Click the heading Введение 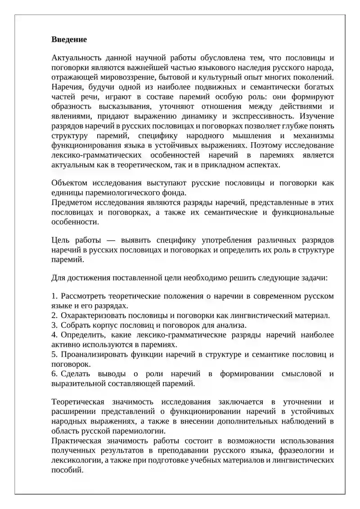(69, 39)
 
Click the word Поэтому (266, 145)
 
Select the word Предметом (73, 203)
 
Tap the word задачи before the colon (315, 278)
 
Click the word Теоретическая (78, 402)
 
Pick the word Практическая (77, 441)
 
